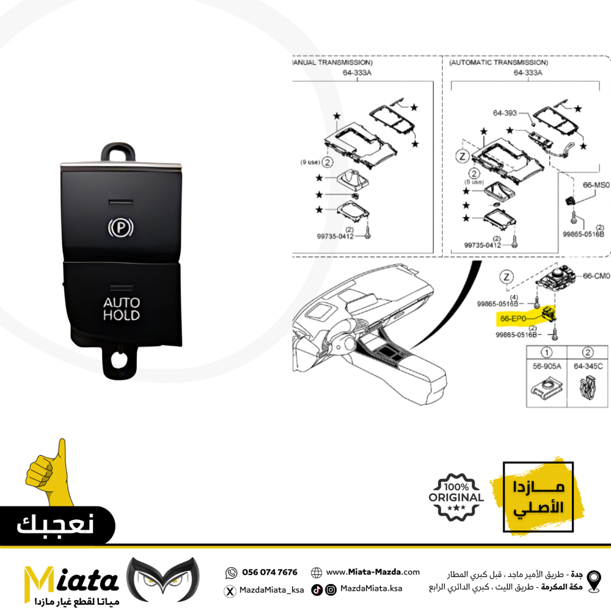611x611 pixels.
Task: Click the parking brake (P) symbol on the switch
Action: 121,227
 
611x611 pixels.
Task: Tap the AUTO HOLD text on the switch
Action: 122,309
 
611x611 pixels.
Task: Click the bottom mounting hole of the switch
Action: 119,360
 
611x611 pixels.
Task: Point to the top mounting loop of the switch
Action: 119,152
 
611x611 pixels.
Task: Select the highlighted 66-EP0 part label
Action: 513,319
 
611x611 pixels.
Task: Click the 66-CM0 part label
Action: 596,276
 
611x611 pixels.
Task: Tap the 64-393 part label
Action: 505,113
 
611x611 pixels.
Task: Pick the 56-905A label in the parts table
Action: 547,366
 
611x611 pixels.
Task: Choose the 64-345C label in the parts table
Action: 588,366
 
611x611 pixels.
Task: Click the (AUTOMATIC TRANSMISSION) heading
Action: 499,62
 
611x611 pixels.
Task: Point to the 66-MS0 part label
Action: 596,185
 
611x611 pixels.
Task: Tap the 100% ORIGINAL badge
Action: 456,497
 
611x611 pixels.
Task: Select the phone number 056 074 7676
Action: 269,572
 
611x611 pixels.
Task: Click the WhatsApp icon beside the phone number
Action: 231,573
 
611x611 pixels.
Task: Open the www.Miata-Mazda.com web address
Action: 373,572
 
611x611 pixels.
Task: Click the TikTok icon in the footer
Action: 316,590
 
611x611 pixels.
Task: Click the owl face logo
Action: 163,579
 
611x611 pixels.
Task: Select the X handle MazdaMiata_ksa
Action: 272,590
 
